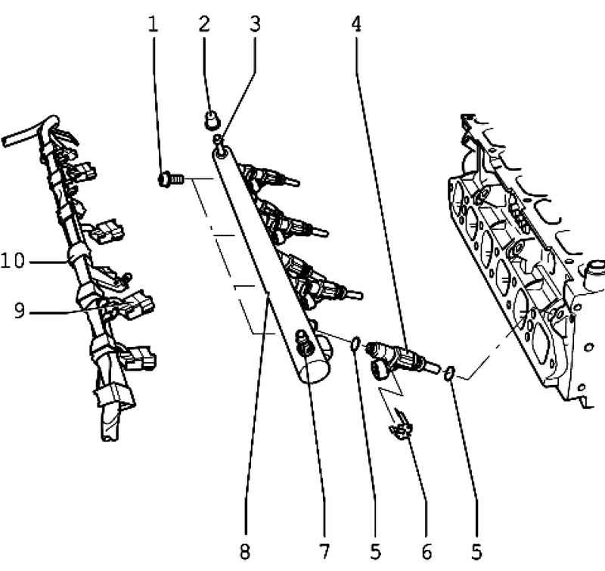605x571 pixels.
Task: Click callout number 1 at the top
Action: click(154, 24)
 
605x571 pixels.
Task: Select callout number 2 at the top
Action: click(204, 24)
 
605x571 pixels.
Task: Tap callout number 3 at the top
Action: click(255, 24)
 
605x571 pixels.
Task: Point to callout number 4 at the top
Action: click(356, 24)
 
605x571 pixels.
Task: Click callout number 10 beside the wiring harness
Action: click(13, 261)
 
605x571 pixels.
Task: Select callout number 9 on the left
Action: click(20, 311)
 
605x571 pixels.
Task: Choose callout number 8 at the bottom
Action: click(245, 551)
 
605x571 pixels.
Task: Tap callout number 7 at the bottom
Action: click(325, 551)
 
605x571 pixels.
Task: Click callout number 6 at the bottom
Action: click(427, 551)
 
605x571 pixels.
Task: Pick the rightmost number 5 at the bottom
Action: click(477, 551)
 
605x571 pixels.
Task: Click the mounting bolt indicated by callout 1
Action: click(171, 179)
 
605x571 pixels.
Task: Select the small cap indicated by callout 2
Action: click(212, 119)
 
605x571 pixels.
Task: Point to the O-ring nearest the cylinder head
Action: click(449, 373)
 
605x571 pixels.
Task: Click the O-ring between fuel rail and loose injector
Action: click(355, 343)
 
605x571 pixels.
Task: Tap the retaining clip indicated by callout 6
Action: click(402, 426)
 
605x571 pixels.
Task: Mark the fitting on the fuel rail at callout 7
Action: click(305, 343)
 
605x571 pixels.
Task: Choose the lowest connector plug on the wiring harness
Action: click(139, 358)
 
